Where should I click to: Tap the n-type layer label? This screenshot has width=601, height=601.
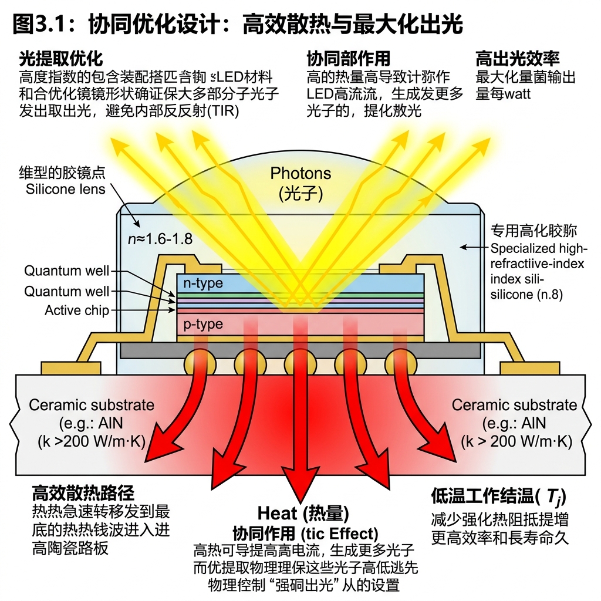coord(203,283)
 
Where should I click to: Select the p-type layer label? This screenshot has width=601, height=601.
coord(203,324)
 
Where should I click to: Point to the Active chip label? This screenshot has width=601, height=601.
coord(77,310)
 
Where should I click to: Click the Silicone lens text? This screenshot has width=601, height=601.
coord(66,189)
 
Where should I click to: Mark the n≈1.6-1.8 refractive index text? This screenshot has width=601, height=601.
coord(160,239)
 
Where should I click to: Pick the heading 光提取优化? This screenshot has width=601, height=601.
coord(61,59)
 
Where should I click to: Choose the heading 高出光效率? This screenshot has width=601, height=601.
coord(517,59)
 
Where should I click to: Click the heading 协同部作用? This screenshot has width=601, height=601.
coord(349,59)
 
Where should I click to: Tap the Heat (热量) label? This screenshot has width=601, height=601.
coord(303,514)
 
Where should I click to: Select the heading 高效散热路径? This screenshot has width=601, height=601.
coord(83,492)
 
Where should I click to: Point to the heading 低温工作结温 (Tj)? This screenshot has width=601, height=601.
coord(498,497)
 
